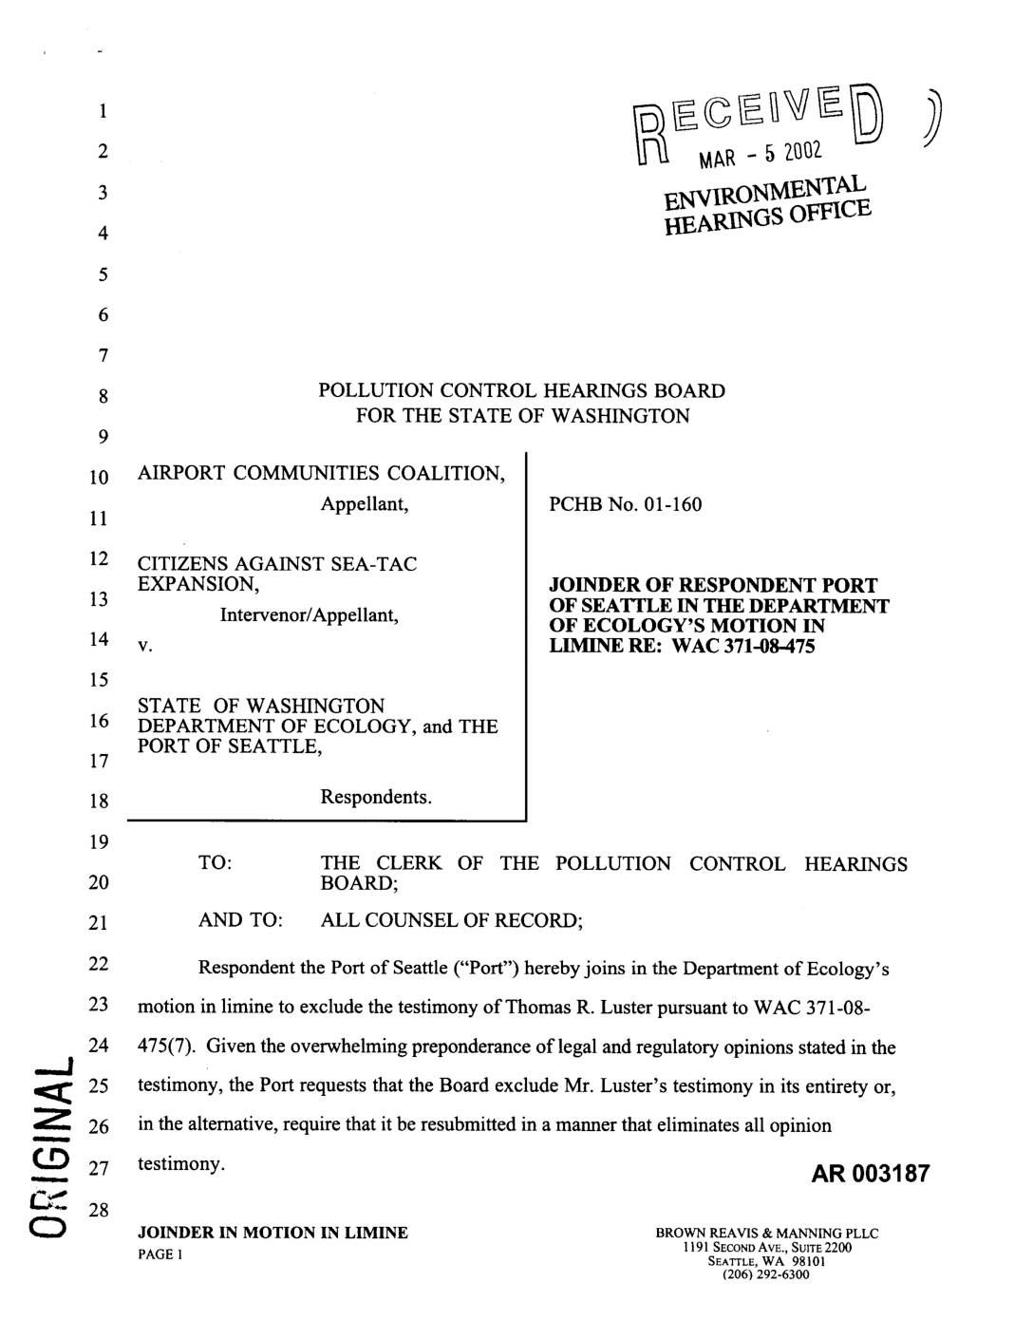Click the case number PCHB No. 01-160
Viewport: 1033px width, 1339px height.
[626, 504]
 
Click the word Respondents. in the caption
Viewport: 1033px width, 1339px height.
[376, 797]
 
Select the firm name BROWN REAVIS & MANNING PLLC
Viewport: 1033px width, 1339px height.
[766, 1234]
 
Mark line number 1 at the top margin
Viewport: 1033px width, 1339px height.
[101, 111]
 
